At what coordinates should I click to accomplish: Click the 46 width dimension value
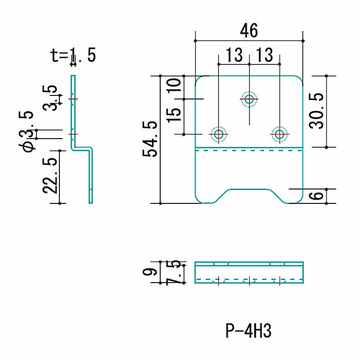click(249, 31)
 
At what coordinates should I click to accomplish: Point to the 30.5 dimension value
click(317, 111)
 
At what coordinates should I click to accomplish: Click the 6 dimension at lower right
click(317, 196)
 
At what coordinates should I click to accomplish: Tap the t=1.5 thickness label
click(73, 55)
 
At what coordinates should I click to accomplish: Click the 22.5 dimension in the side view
click(51, 175)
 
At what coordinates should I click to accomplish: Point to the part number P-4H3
click(248, 332)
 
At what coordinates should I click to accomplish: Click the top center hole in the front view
click(249, 99)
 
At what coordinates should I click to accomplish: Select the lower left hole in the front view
click(219, 134)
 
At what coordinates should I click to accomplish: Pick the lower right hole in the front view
click(279, 134)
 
